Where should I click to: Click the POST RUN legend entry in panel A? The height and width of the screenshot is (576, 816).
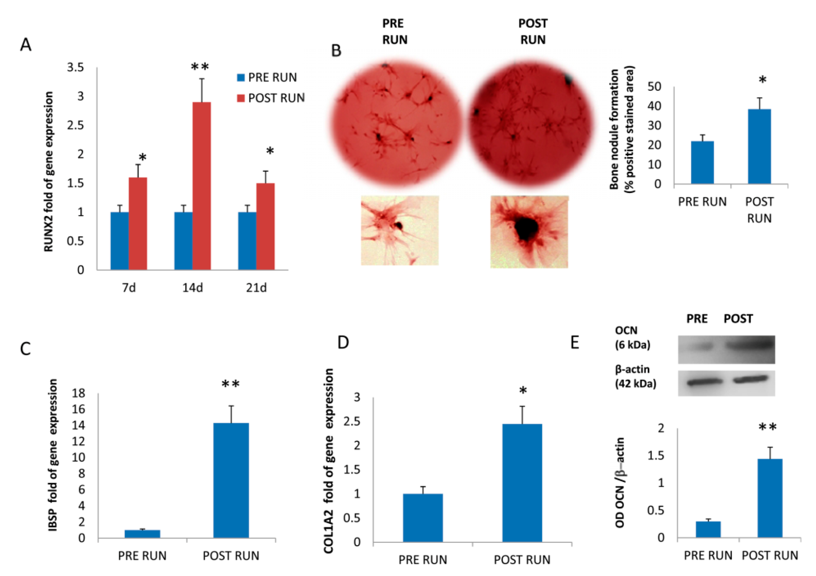click(x=271, y=98)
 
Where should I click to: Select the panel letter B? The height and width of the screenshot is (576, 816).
click(x=336, y=51)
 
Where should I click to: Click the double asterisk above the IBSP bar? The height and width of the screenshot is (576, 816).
click(x=231, y=384)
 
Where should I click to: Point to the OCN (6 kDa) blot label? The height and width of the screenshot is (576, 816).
click(x=632, y=338)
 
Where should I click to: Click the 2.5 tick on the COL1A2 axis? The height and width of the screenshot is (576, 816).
click(x=352, y=421)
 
